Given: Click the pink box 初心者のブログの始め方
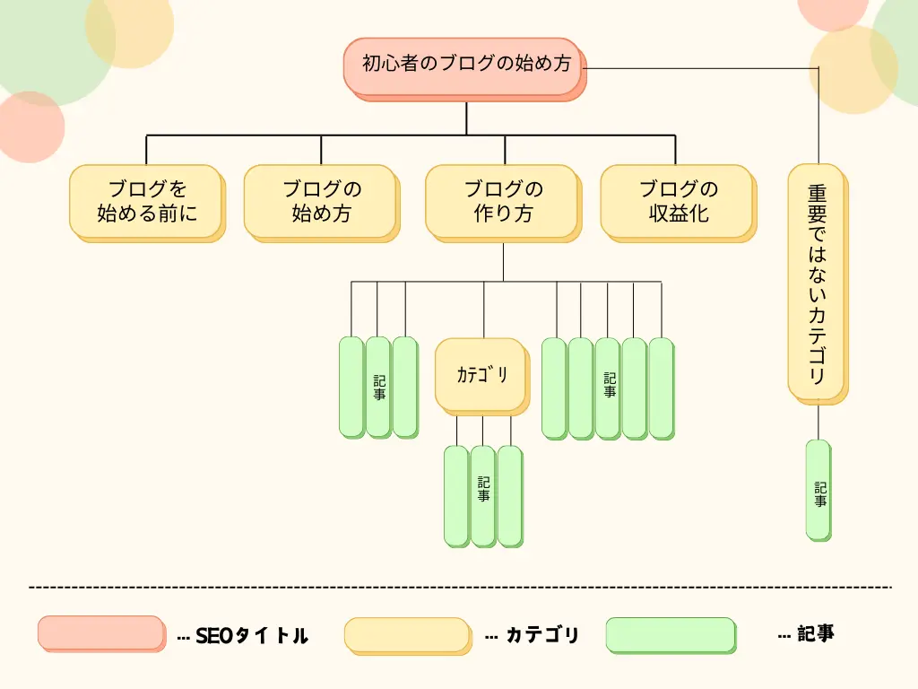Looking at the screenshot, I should point(463,65).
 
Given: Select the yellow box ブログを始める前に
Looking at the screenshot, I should point(145,201).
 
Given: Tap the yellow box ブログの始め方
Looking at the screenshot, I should point(320,201).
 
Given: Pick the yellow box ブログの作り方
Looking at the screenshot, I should point(502,201).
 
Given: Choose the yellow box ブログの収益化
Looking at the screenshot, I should point(677,201).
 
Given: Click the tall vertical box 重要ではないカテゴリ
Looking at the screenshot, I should point(816,282).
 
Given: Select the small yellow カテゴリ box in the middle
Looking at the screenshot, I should point(481,376).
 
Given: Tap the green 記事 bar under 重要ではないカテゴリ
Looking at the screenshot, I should point(818,490).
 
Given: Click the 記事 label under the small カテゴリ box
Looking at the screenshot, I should point(483,488).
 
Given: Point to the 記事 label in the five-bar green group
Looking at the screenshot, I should point(610,386).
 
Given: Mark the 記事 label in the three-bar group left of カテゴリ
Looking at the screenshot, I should point(379,387).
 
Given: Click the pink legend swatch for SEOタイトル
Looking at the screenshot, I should point(100,632).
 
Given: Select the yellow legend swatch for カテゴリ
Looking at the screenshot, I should point(406,634).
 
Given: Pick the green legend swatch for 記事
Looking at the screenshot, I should point(670,634).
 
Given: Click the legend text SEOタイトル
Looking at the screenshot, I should point(251,636).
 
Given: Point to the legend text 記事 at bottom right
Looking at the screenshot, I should point(816,633).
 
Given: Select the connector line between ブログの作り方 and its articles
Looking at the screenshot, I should point(503,262).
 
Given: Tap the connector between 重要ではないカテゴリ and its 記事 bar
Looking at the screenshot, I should point(818,422).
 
